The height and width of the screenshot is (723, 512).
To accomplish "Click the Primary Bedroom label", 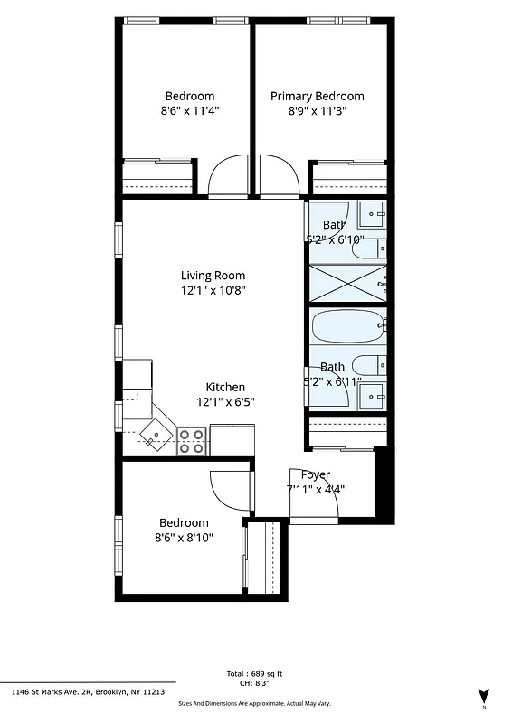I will click(317, 96).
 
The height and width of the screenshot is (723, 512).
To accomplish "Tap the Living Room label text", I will click(213, 276).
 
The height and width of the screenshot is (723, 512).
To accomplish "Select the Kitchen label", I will click(225, 387).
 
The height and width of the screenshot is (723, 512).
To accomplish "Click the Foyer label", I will click(316, 474).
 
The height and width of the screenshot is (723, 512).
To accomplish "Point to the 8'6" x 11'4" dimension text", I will click(190, 111).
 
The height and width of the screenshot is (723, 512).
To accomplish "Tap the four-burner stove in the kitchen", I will click(191, 441).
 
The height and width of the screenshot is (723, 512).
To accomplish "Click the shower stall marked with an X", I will click(347, 282).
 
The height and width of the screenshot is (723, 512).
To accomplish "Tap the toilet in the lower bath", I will click(366, 366).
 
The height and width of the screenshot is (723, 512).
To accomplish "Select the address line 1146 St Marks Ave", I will click(88, 691).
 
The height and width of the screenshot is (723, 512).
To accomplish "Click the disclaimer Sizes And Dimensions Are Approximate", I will click(255, 702).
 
